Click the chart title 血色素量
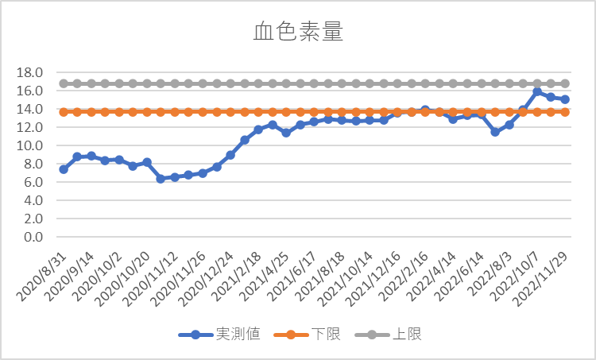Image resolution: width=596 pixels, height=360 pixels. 298,32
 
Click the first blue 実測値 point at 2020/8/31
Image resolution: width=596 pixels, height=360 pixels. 64,169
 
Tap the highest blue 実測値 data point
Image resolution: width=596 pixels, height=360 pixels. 537,92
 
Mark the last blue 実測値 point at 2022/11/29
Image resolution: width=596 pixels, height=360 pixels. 565,99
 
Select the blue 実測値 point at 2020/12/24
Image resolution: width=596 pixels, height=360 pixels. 230,155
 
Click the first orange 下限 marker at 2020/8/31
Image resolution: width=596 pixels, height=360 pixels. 64,112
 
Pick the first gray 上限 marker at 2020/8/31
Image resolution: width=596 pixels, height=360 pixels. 64,83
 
